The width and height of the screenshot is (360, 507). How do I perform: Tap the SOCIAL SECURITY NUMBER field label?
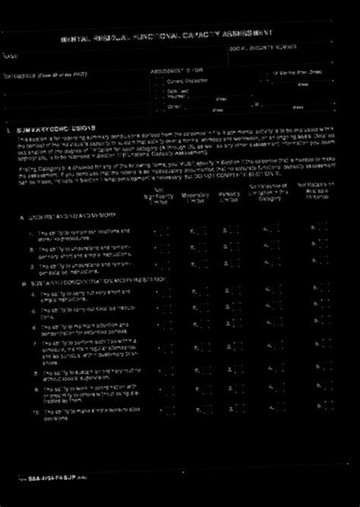click(x=256, y=48)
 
